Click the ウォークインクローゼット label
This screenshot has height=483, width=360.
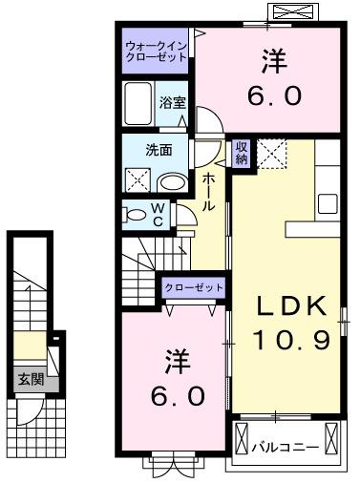tap(156, 49)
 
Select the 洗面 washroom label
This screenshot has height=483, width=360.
tap(159, 150)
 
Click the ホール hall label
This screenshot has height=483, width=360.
tap(209, 192)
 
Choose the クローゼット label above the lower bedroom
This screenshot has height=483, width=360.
tap(194, 287)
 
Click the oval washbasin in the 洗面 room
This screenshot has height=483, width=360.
tap(173, 181)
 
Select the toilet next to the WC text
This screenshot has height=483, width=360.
tap(137, 215)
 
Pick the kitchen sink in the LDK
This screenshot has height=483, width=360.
tap(328, 203)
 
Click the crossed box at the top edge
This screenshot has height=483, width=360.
tap(292, 13)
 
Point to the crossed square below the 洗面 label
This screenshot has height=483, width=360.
tap(138, 179)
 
